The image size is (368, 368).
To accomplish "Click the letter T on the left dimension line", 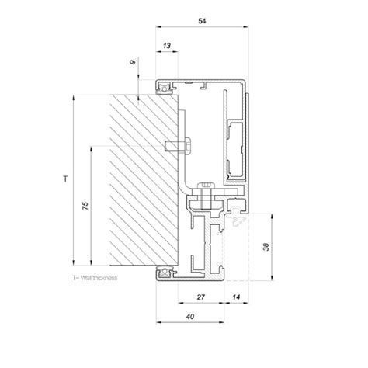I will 65,179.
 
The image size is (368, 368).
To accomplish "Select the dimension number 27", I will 201,297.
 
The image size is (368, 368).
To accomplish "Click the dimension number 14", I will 236,297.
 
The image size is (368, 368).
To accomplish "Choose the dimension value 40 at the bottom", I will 190,319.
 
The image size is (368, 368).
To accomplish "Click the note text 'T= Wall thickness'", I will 94,277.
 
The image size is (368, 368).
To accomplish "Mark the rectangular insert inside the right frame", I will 234,147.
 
